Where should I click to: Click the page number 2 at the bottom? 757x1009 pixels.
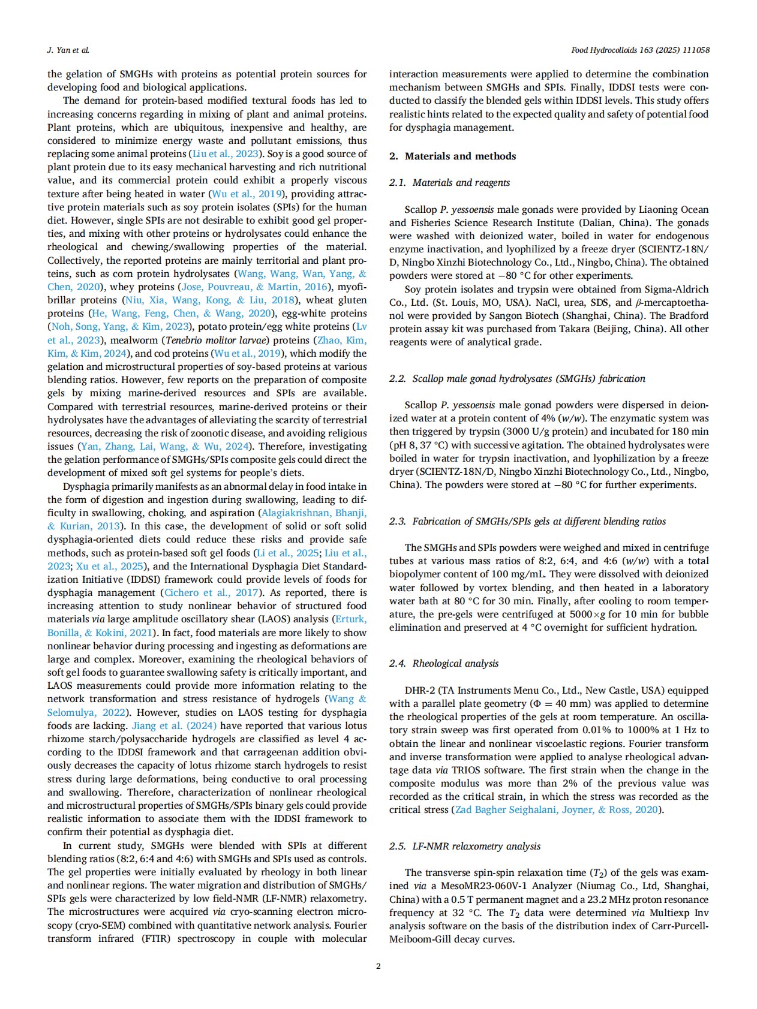[378, 965]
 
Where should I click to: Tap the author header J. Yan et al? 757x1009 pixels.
[68, 50]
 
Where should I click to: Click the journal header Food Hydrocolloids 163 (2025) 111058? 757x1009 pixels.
[640, 50]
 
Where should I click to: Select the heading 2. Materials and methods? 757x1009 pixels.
[452, 156]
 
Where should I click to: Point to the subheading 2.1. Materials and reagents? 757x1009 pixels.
[449, 182]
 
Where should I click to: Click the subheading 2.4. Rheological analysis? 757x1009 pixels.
[443, 663]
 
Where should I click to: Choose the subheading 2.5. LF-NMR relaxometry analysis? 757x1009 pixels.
[464, 846]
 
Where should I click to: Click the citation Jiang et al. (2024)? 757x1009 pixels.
[174, 725]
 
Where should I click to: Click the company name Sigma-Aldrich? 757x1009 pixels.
[676, 289]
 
